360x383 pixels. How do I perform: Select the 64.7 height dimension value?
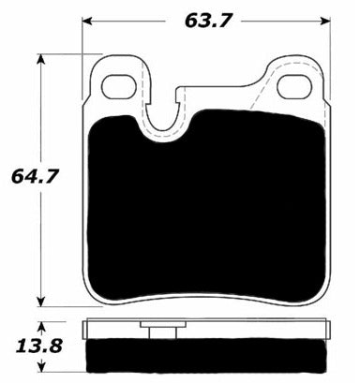pos(27,175)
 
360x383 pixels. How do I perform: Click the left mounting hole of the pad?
pos(118,85)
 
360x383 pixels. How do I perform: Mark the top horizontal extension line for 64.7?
pos(66,53)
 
